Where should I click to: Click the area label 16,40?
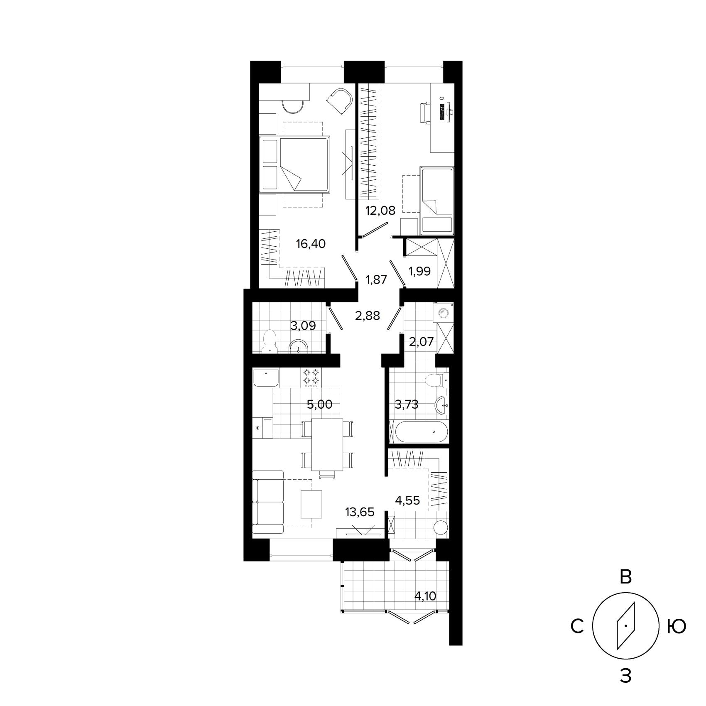(x=311, y=244)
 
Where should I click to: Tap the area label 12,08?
(x=380, y=210)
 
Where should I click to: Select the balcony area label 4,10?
(x=425, y=596)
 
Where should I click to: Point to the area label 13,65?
(x=360, y=512)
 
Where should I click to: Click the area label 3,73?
(x=407, y=404)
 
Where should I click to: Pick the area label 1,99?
(x=419, y=271)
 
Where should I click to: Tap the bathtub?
(x=422, y=432)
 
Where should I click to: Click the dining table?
(x=327, y=444)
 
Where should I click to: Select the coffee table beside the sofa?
(x=311, y=504)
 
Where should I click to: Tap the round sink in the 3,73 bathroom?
(x=443, y=404)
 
